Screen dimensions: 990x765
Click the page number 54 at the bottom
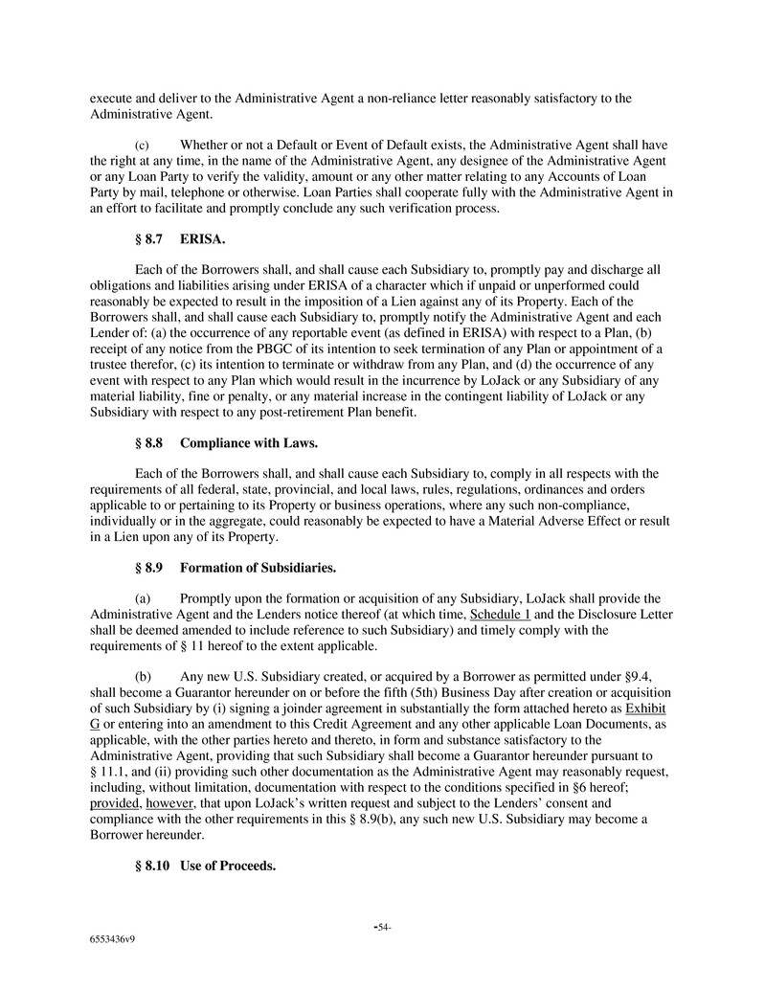382,927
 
